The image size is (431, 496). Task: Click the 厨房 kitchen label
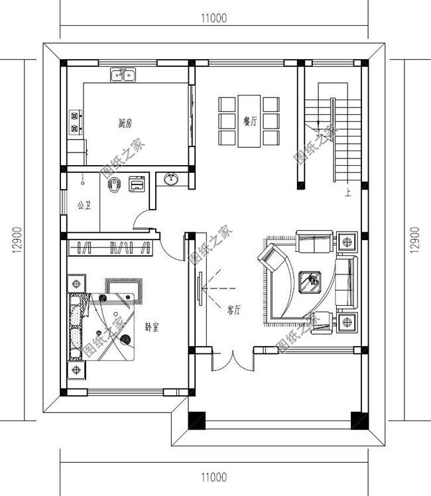pos(125,123)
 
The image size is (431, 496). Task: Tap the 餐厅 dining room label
pos(250,121)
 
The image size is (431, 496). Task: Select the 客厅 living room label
pos(233,310)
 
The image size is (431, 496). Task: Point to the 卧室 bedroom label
pos(152,327)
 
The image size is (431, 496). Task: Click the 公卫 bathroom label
pos(84,206)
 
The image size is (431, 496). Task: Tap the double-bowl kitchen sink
pos(123,75)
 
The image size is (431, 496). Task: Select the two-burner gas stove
pos(76,122)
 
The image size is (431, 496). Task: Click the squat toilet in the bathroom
pos(113,184)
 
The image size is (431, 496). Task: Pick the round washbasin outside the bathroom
pos(171,179)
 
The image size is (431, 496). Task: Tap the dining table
pos(249,121)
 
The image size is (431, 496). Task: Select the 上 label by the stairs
pos(348,192)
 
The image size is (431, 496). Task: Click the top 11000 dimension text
pos(214,18)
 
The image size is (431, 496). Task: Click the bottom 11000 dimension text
pos(214,477)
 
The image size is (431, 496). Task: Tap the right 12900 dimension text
pos(415,240)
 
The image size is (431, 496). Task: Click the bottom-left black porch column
pos(197,420)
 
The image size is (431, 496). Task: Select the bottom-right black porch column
pos(360,420)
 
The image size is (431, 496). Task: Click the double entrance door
pos(233,361)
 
